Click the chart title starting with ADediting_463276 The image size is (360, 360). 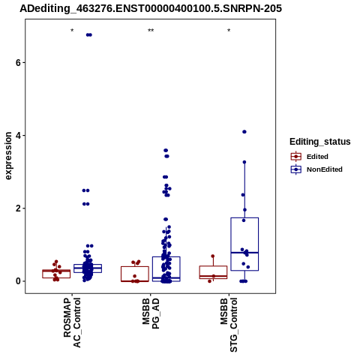tap(151, 8)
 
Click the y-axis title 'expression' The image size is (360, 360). tap(8, 156)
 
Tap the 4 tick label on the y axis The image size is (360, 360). tap(19, 136)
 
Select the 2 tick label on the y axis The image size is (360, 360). tap(19, 208)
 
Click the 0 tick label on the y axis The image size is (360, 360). tap(19, 281)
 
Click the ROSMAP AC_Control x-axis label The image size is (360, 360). tap(72, 322)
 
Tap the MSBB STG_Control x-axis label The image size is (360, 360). tap(229, 325)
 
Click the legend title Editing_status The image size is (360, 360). tap(320, 142)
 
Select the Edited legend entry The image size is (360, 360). tap(310, 157)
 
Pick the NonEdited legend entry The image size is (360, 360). tap(316, 169)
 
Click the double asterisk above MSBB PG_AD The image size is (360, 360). tap(151, 31)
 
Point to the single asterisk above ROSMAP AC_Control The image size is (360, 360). tap(72, 31)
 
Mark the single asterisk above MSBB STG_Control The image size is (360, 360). tap(229, 31)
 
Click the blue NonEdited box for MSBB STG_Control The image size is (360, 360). tap(244, 218)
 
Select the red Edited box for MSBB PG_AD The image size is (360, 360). tap(135, 267)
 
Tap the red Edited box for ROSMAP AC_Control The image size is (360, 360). tap(56, 270)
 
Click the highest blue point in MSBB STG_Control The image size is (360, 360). tap(244, 132)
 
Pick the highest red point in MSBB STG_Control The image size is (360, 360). tap(213, 256)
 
